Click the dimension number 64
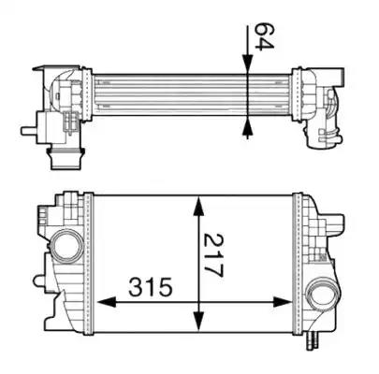(264, 36)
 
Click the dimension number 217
(213, 255)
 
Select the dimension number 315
(151, 287)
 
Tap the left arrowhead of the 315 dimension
(107, 302)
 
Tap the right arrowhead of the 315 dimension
(283, 302)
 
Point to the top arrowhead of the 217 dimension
(198, 206)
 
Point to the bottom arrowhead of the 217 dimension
(198, 323)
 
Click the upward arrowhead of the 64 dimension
(247, 128)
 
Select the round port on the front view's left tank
(67, 245)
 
